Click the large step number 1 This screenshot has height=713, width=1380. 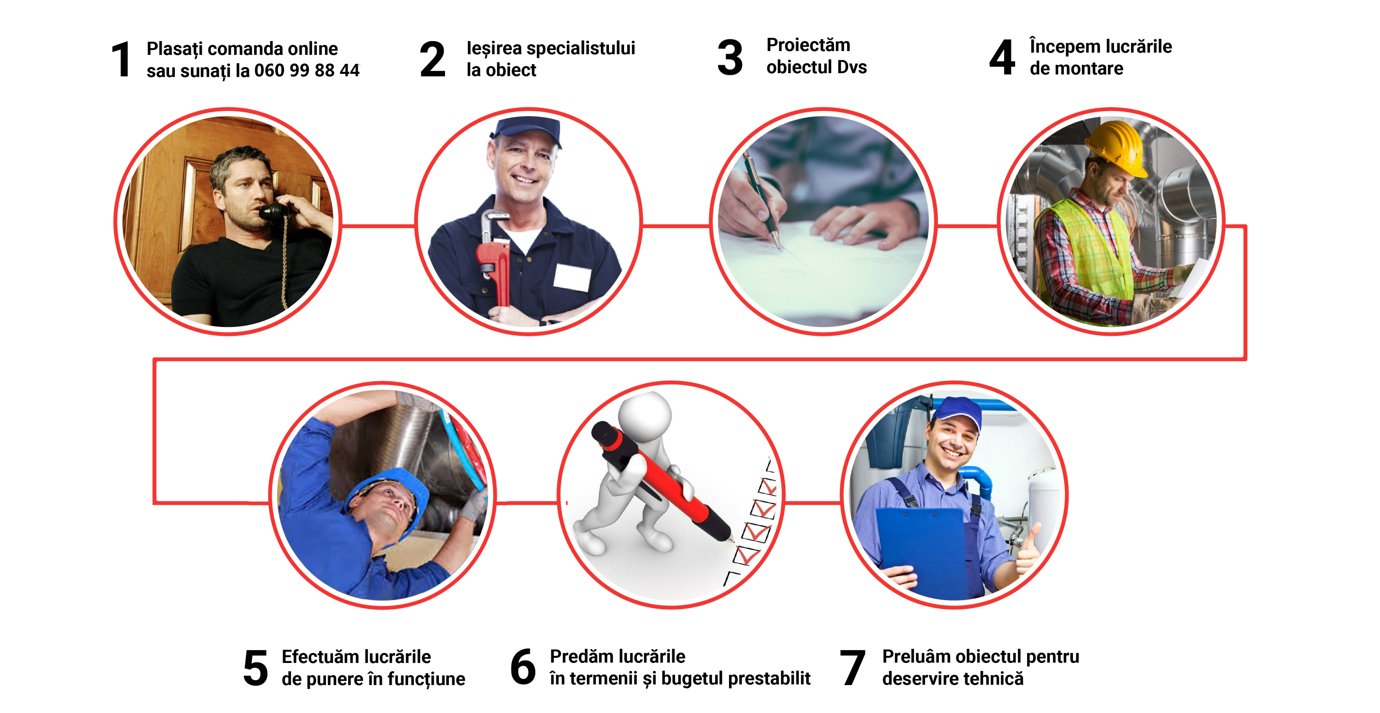pyautogui.click(x=121, y=59)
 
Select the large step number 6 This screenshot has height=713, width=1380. pyautogui.click(x=523, y=667)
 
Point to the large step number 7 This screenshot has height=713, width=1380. pyautogui.click(x=852, y=667)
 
